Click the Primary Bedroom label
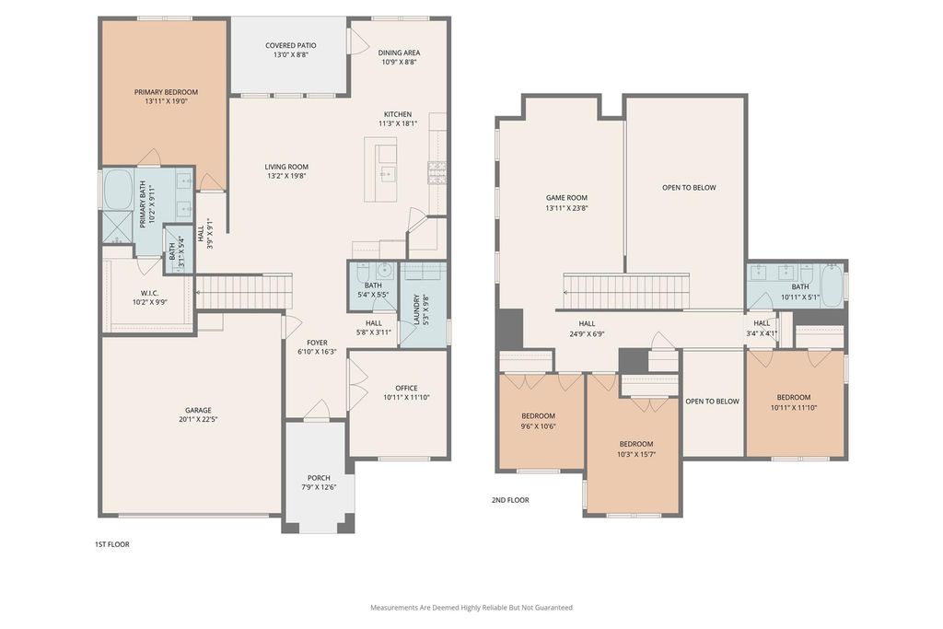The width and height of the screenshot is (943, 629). [166, 92]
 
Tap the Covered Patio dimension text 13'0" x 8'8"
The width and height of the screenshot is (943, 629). [291, 54]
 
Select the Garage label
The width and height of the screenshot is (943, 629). [198, 410]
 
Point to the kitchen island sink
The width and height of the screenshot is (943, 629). [387, 174]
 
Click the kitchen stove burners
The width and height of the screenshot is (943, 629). [437, 172]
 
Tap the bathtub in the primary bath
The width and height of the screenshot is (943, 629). [118, 189]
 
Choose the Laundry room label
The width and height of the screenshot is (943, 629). [416, 309]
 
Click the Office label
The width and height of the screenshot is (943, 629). [406, 388]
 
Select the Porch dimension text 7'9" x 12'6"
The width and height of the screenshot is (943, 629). [319, 487]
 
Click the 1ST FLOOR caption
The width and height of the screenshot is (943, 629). [111, 544]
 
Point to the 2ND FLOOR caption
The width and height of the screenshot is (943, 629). [510, 500]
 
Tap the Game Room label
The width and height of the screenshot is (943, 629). [566, 198]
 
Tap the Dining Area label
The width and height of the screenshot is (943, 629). [399, 52]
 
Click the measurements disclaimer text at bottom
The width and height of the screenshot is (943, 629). [471, 607]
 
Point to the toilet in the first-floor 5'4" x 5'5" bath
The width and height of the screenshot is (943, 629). [386, 269]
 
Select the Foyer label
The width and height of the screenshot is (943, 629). [317, 343]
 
